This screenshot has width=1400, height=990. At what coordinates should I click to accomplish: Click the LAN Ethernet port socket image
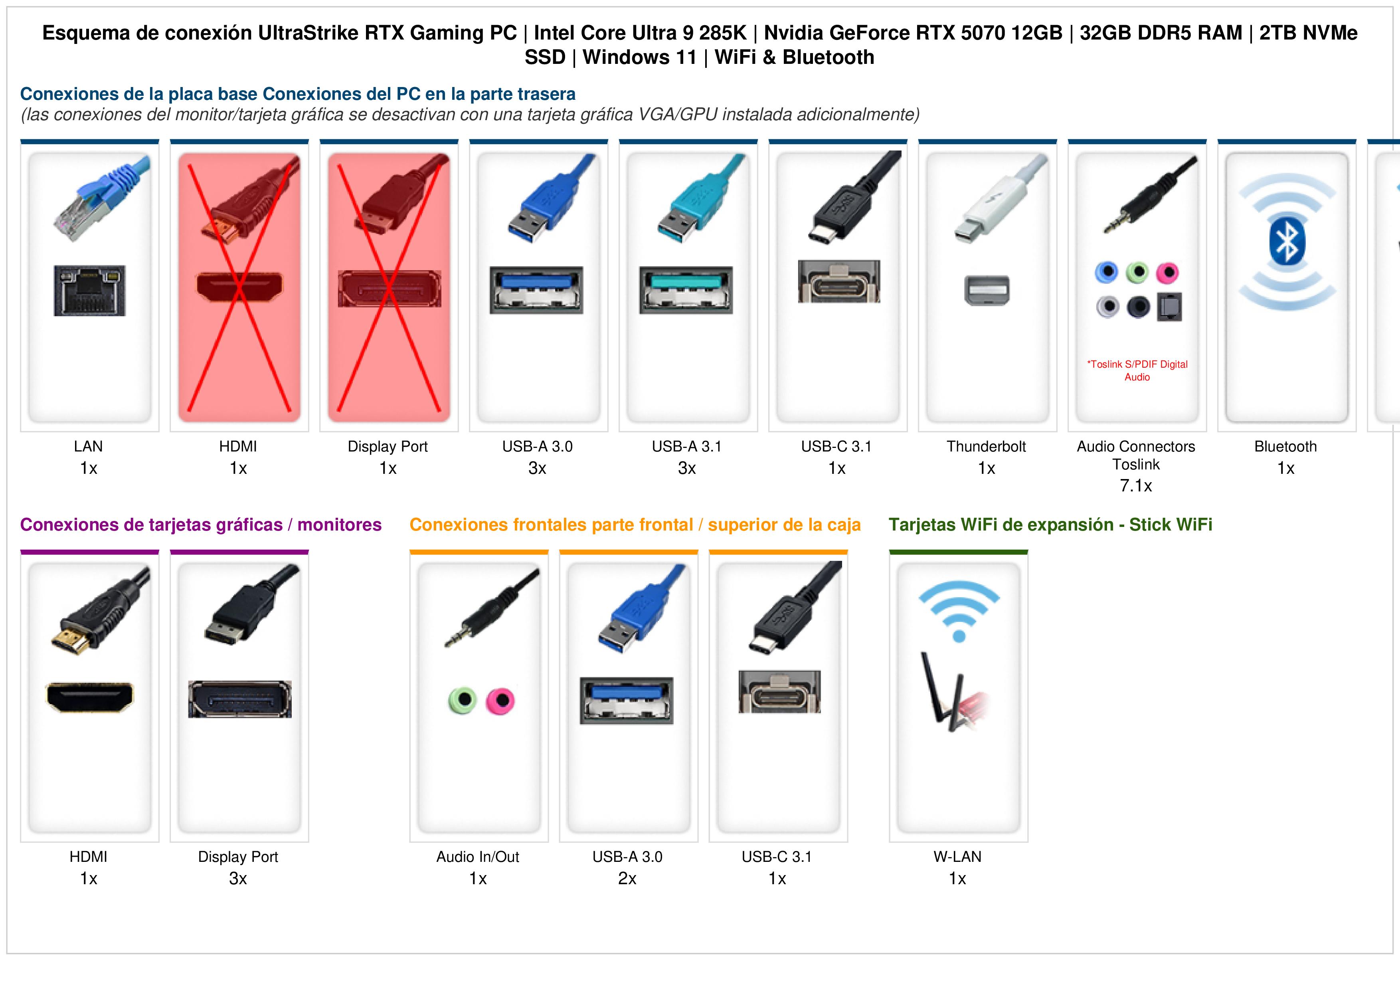coord(90,290)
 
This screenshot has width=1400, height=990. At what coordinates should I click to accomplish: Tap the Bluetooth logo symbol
coord(1287,242)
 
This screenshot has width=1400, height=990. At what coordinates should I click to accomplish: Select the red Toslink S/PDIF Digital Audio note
coord(1137,370)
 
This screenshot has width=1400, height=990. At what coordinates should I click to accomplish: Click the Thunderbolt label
coord(986,447)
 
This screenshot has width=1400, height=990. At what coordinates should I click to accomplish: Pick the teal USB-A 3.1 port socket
coord(686,290)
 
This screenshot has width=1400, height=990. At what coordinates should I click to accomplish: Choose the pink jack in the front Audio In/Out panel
coord(500,701)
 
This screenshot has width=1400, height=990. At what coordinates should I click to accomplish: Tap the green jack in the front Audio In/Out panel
coord(462,700)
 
